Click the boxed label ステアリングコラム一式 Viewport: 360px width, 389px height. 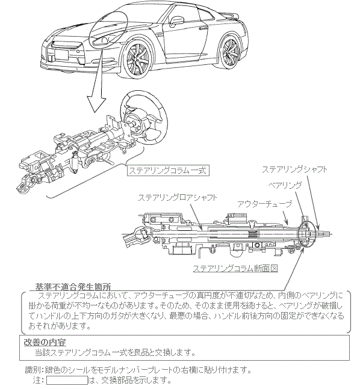click(x=168, y=170)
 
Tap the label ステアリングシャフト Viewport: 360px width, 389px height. click(x=294, y=170)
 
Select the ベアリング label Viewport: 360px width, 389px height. click(x=285, y=185)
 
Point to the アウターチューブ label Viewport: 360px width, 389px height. click(x=264, y=204)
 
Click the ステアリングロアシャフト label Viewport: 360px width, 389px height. click(x=178, y=197)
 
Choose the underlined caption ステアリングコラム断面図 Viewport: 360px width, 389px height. click(x=235, y=268)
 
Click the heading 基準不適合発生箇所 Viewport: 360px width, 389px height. click(x=73, y=287)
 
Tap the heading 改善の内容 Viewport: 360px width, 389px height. click(x=45, y=343)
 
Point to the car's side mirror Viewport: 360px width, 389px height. click(x=176, y=20)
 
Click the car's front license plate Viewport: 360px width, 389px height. click(x=61, y=54)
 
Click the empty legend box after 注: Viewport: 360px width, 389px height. click(x=67, y=381)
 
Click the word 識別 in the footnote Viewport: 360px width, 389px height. click(x=33, y=370)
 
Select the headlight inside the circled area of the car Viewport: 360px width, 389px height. click(x=102, y=41)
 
